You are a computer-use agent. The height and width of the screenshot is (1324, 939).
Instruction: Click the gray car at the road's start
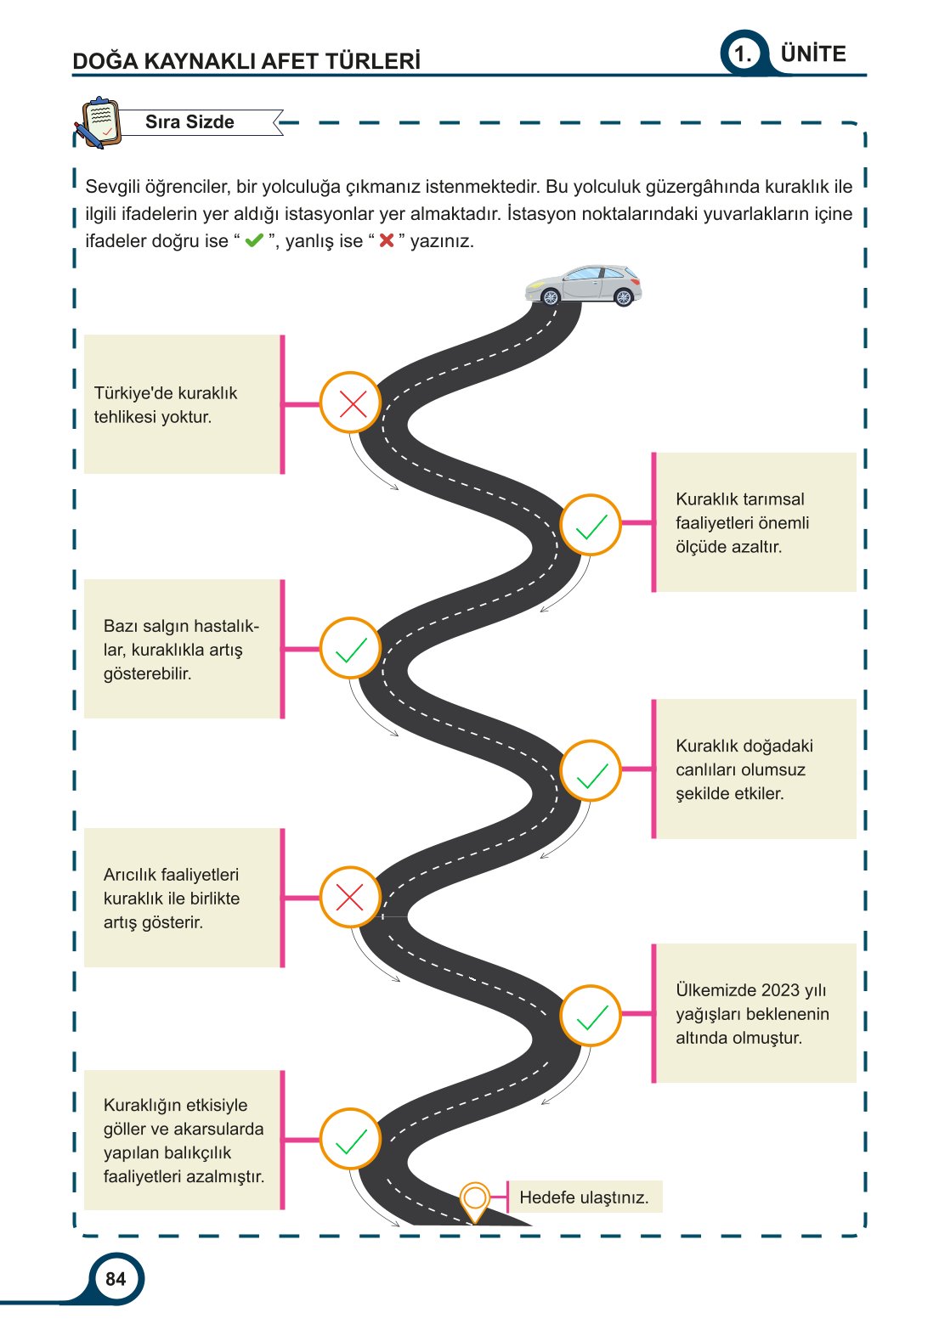(x=583, y=285)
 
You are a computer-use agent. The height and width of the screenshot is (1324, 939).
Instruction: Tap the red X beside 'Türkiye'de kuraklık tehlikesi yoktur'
(x=351, y=403)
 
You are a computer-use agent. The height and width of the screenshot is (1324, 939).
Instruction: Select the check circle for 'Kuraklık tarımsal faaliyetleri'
(x=591, y=525)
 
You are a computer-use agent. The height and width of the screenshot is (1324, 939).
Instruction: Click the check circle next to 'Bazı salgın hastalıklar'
(x=350, y=649)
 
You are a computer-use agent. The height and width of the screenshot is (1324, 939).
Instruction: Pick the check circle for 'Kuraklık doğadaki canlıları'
(x=591, y=771)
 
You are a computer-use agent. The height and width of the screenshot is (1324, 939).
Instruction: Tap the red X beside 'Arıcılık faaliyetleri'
(x=350, y=897)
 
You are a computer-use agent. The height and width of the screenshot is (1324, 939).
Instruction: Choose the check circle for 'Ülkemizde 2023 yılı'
(x=591, y=1016)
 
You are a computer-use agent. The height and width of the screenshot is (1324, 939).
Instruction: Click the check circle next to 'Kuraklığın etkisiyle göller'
(x=350, y=1140)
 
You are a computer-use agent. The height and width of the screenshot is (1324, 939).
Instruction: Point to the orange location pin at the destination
(x=475, y=1200)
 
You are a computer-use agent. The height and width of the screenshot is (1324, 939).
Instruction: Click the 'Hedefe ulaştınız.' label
(x=584, y=1197)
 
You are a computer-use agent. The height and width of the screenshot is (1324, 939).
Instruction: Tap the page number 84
(x=116, y=1279)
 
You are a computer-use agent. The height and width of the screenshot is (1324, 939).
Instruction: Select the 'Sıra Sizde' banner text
(x=189, y=122)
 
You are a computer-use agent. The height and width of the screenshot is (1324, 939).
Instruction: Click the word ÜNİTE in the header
(x=813, y=54)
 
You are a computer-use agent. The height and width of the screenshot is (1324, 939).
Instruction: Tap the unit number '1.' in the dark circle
(x=744, y=55)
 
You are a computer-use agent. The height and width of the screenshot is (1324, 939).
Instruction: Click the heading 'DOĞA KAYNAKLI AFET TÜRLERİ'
(x=246, y=61)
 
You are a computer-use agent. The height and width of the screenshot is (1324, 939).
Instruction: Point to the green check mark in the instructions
(x=254, y=241)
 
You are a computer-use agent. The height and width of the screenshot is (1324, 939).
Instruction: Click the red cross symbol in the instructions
(x=387, y=241)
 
